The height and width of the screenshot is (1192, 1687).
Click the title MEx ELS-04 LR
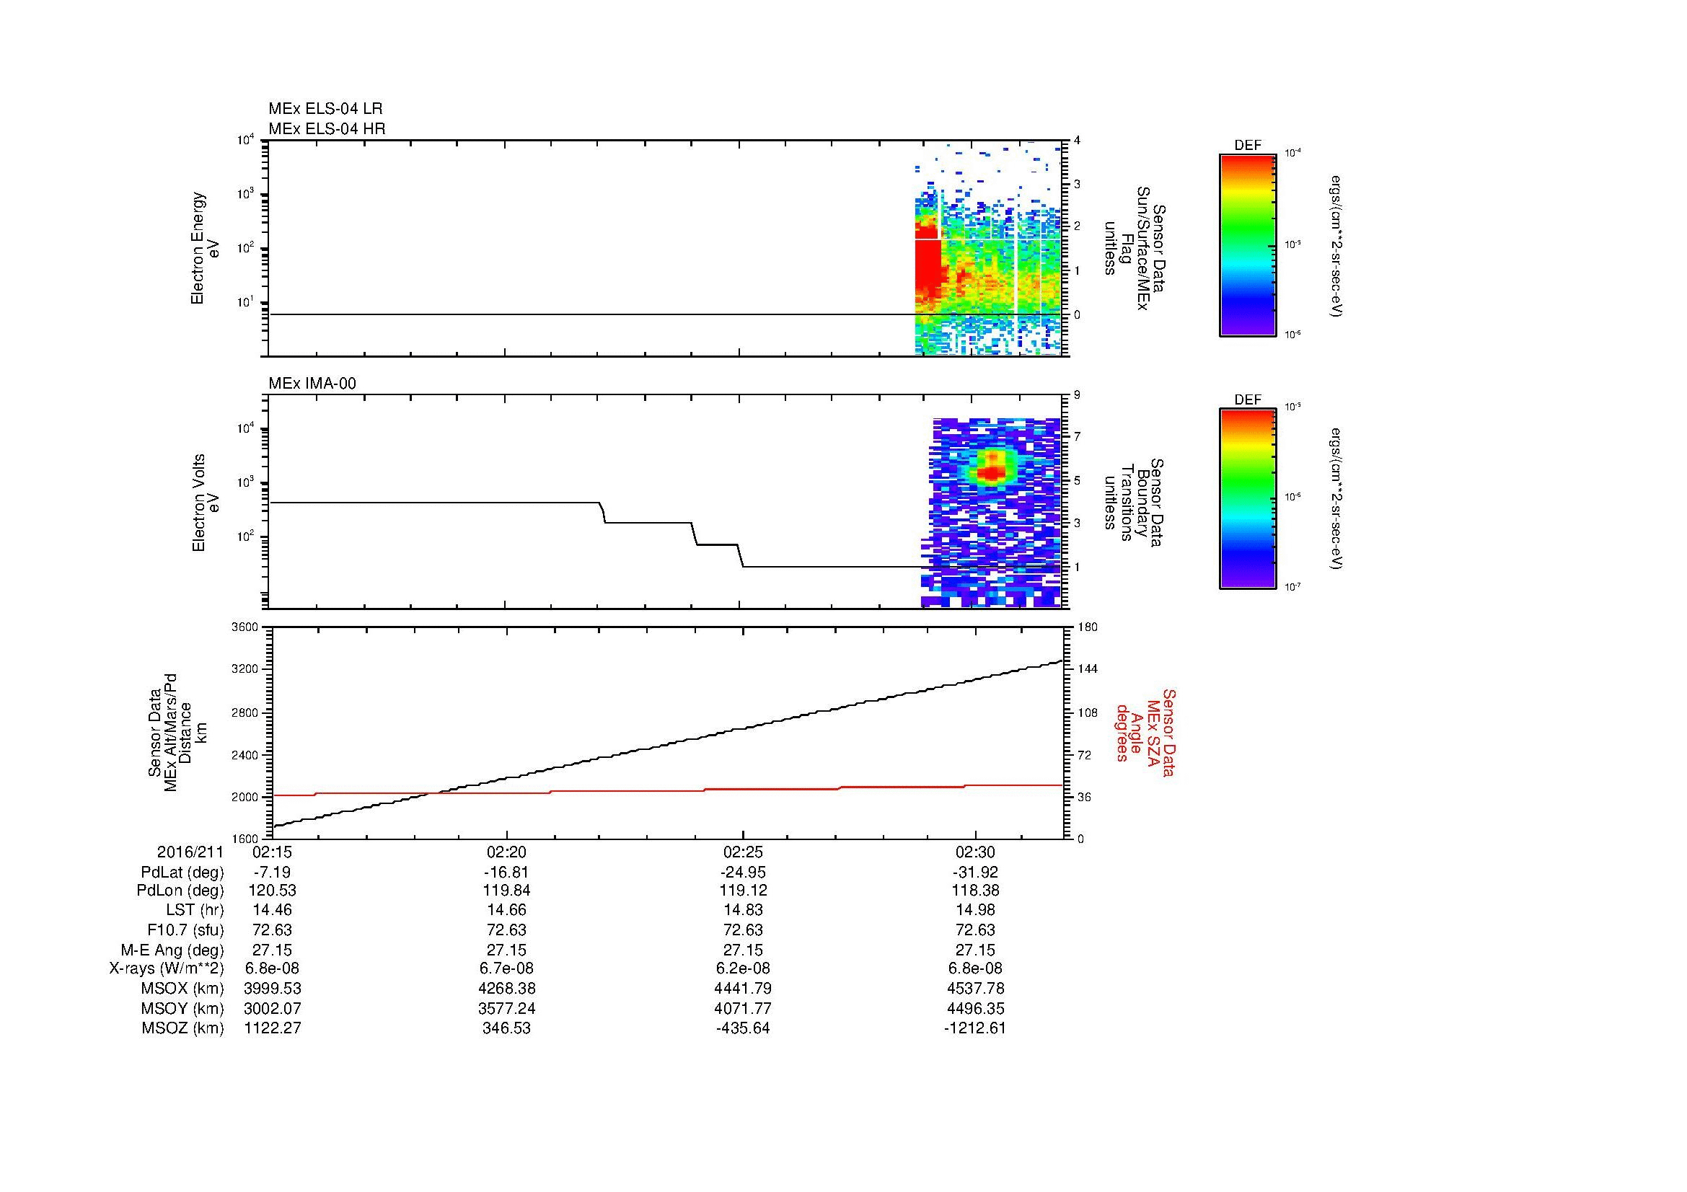(325, 109)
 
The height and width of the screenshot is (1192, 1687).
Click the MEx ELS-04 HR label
(326, 128)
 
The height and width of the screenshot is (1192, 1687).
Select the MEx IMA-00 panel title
(312, 384)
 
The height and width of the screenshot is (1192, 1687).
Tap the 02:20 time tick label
(506, 852)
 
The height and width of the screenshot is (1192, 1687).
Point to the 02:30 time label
(975, 852)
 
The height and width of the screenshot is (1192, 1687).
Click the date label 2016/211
(190, 852)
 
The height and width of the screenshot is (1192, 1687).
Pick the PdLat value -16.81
(506, 873)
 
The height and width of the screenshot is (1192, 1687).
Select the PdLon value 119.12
(742, 891)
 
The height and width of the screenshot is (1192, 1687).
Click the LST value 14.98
(975, 910)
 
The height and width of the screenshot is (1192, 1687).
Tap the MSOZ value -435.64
(742, 1028)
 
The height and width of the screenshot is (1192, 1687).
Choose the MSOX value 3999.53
(273, 989)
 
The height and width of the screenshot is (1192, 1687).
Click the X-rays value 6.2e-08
(742, 968)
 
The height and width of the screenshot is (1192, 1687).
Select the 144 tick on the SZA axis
(1088, 669)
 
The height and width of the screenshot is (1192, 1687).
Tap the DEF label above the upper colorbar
(1247, 146)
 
